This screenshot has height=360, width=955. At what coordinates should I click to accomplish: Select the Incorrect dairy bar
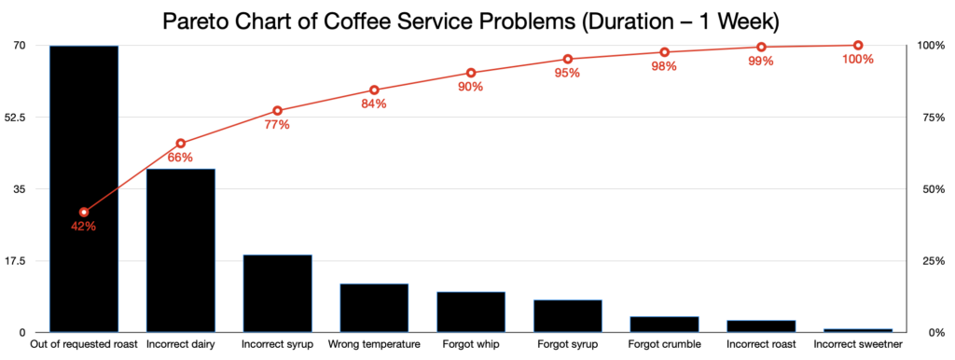(x=181, y=250)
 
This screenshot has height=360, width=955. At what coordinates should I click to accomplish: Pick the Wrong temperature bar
(x=374, y=308)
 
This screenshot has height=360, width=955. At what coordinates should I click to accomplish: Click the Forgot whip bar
(x=471, y=312)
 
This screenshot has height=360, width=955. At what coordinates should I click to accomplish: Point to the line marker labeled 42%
(x=84, y=213)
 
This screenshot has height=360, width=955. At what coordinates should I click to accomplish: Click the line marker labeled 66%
(x=181, y=144)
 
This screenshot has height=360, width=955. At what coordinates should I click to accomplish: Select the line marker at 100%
(x=858, y=46)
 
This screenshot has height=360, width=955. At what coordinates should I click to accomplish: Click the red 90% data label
(x=471, y=87)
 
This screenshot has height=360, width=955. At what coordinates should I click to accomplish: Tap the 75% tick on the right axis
(x=932, y=118)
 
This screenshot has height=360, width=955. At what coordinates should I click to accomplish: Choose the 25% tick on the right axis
(x=932, y=261)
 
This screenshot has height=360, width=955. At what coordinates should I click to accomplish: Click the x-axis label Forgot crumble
(x=664, y=345)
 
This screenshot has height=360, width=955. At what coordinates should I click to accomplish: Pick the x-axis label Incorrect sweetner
(x=858, y=345)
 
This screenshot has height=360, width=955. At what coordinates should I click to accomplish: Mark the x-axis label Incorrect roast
(x=761, y=345)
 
